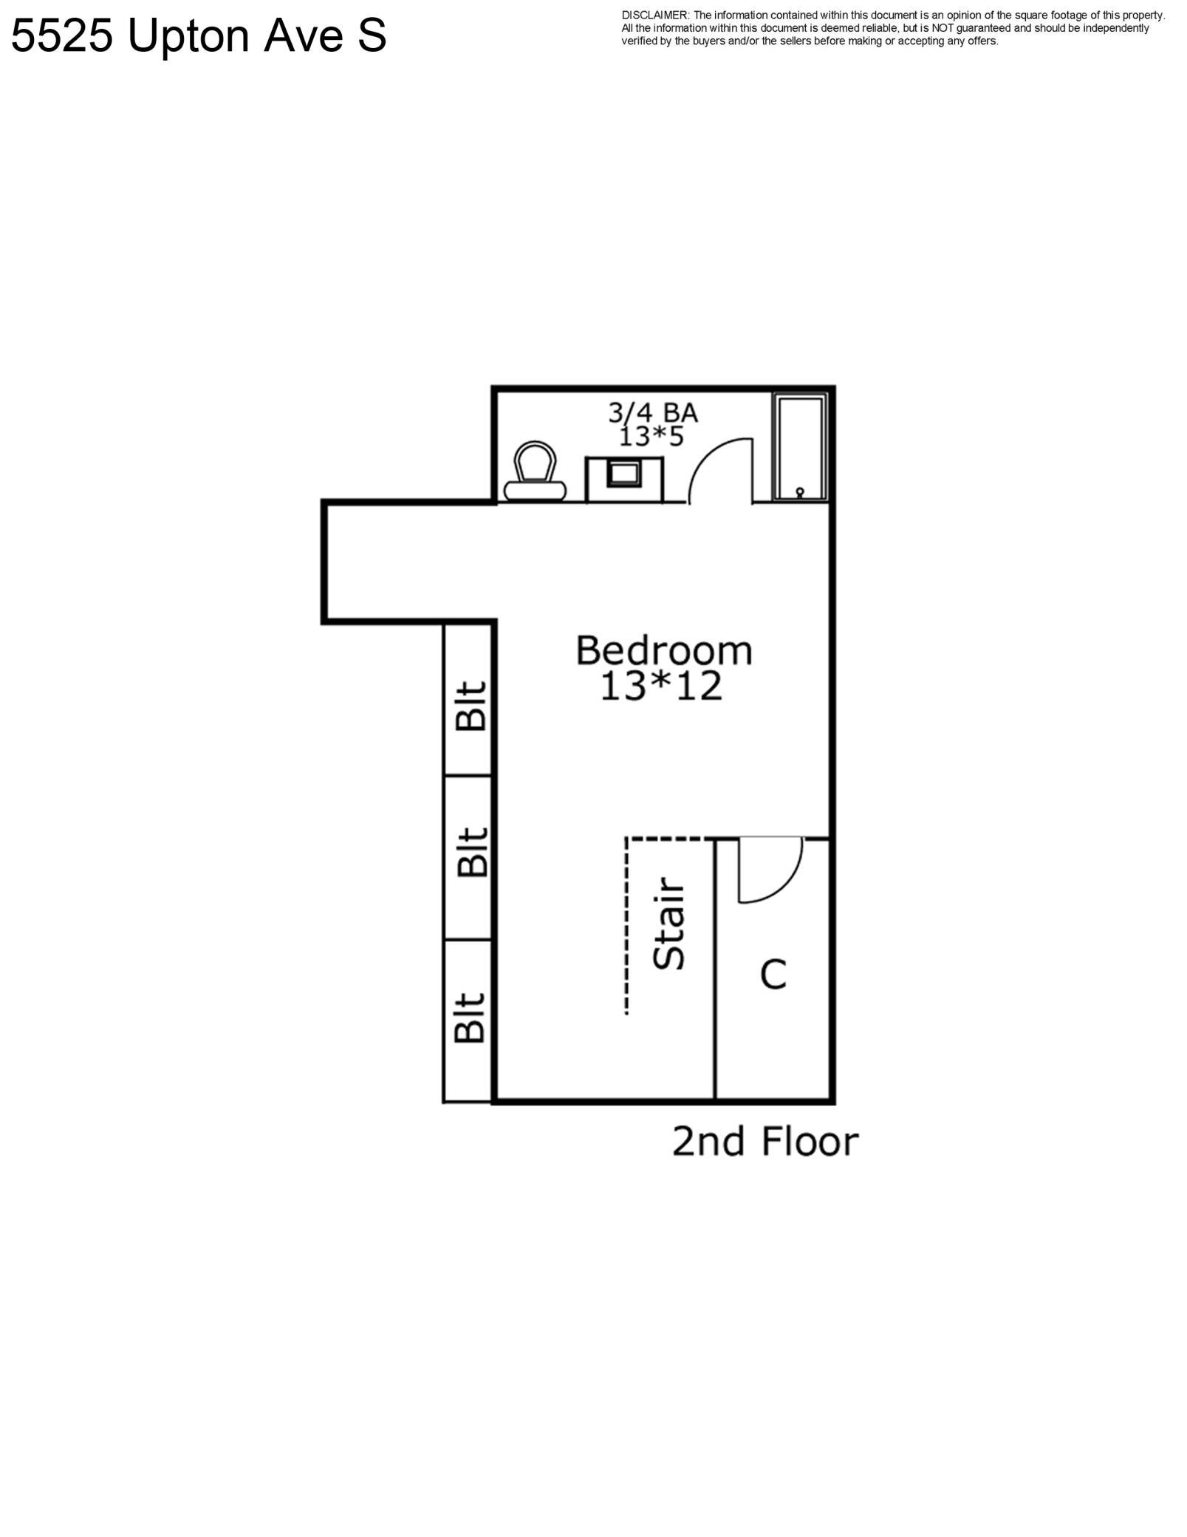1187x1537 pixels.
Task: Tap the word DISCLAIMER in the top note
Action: [x=655, y=16]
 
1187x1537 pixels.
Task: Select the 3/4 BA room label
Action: [x=652, y=412]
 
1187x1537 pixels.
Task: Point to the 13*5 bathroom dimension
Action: [x=651, y=437]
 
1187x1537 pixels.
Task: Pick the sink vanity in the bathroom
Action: [x=624, y=479]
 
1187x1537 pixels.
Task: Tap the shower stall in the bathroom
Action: [x=799, y=447]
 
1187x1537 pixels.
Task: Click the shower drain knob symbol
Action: [x=799, y=492]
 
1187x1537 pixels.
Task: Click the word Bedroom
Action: [x=664, y=651]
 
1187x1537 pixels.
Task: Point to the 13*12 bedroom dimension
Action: [x=660, y=686]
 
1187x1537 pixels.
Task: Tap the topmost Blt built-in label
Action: [x=471, y=706]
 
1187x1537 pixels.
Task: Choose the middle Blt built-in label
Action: [x=471, y=851]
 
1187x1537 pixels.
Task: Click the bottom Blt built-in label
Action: [x=470, y=1017]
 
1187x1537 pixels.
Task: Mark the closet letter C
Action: [x=773, y=975]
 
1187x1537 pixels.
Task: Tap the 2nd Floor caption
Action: [x=765, y=1142]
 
